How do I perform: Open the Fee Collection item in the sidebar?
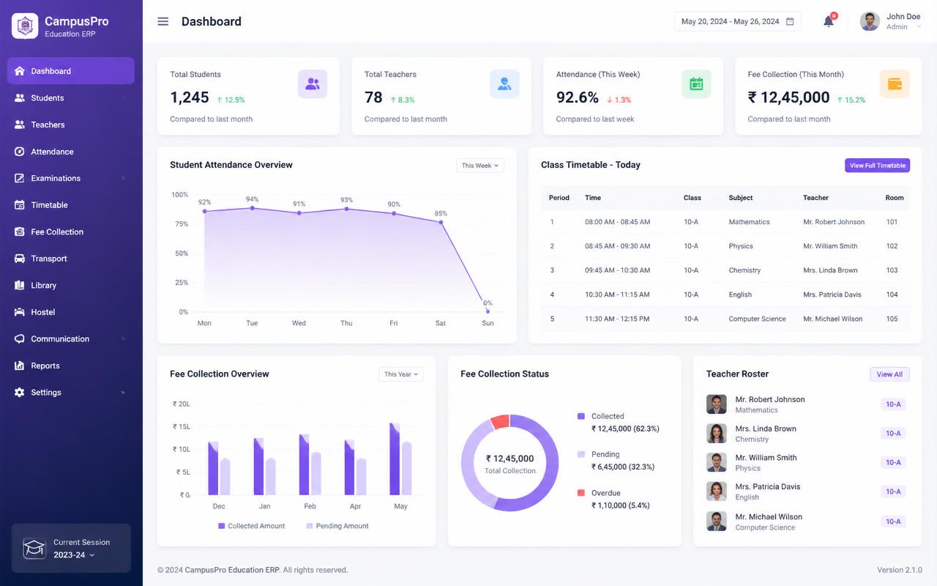[x=57, y=232]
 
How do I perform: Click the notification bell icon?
[x=828, y=21]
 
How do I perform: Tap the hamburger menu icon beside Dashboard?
[x=163, y=21]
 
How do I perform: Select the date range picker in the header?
[x=737, y=21]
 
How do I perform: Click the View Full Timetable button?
[x=877, y=166]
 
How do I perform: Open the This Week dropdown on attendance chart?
[x=479, y=166]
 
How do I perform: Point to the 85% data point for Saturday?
[x=441, y=222]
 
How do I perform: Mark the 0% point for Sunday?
[x=488, y=311]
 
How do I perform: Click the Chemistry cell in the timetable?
[x=744, y=270]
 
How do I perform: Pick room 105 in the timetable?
[x=892, y=319]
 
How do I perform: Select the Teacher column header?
[x=815, y=198]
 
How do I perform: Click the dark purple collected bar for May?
[x=395, y=459]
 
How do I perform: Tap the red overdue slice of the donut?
[x=500, y=421]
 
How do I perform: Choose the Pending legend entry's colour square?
[x=581, y=454]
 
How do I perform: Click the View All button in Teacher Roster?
[x=889, y=374]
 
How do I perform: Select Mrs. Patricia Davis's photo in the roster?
[x=716, y=492]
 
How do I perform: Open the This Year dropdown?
[x=400, y=374]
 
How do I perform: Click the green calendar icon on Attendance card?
[x=696, y=84]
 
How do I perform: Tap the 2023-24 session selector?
[x=74, y=555]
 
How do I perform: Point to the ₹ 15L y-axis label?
[x=182, y=426]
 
